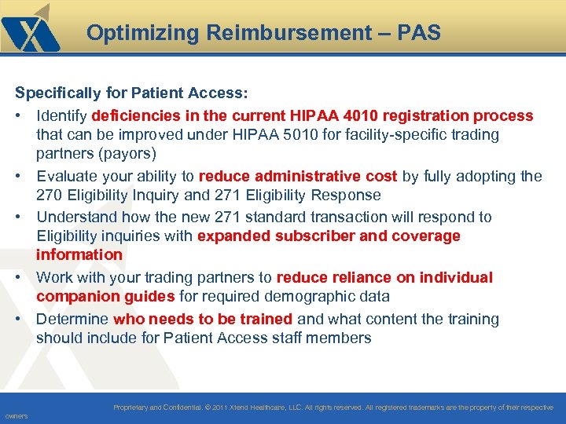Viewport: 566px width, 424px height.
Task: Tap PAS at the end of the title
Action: [x=419, y=33]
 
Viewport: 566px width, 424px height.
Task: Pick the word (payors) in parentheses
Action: [x=128, y=153]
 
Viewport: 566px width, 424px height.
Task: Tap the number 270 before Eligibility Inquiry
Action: [x=50, y=195]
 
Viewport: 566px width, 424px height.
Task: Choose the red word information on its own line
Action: [x=79, y=254]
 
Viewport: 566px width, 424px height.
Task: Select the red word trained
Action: [x=265, y=319]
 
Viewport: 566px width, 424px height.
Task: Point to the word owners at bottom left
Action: [x=16, y=416]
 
